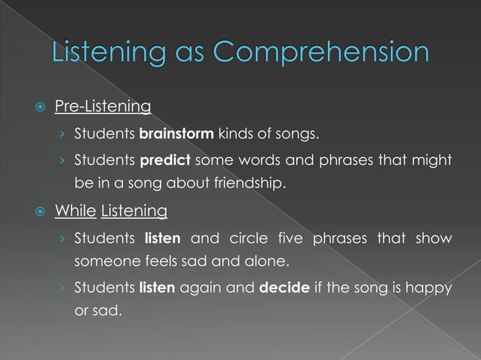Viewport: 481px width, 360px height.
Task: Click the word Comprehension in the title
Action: (322, 53)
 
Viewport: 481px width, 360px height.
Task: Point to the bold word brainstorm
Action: (176, 136)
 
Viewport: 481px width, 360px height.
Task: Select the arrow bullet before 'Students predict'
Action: (66, 161)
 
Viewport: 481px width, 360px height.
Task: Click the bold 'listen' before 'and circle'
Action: (162, 239)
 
